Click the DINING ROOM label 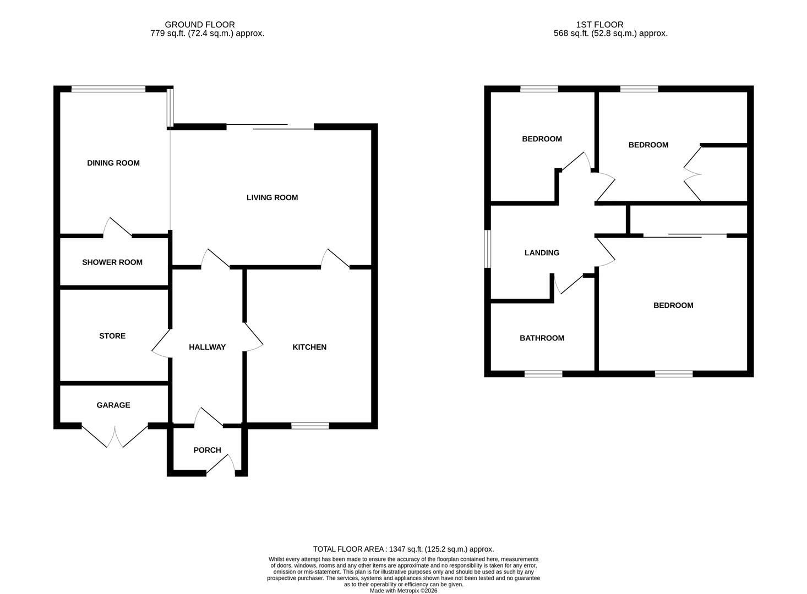tap(113, 163)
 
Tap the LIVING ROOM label tap(272, 197)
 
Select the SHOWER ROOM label tap(112, 262)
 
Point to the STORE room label tap(112, 336)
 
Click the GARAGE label tap(113, 405)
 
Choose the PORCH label tap(208, 450)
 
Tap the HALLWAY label tap(208, 347)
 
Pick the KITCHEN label tap(309, 347)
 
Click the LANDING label tap(542, 253)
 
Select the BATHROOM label tap(542, 338)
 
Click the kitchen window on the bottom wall tap(310, 425)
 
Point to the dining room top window tap(108, 89)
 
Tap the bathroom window tap(543, 374)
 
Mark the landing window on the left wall tap(487, 249)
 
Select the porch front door tap(221, 465)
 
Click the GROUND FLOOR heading tap(200, 25)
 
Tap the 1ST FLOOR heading tap(599, 25)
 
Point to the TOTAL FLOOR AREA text tap(403, 549)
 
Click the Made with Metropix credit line tap(403, 591)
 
